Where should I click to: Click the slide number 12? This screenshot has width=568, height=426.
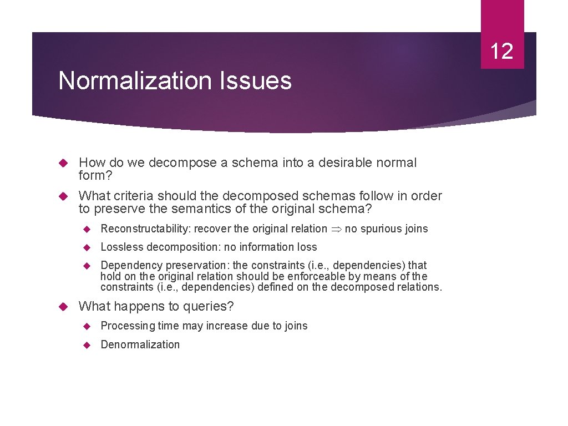502,51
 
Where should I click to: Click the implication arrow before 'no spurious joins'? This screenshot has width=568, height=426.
336,229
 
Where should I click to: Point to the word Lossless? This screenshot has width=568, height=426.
118,247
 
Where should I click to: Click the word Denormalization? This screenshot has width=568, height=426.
140,344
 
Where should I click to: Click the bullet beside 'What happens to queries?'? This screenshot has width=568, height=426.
63,306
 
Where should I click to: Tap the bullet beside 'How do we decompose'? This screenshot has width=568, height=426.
63,163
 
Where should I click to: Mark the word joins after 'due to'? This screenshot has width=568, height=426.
295,326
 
